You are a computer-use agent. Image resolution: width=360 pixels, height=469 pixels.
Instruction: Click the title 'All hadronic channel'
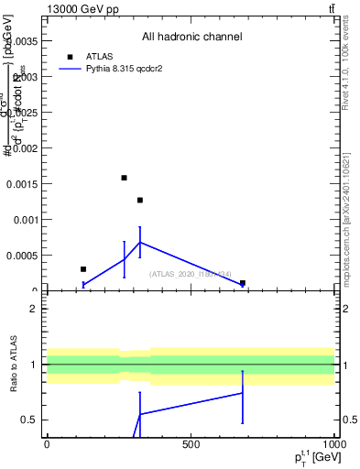tap(191, 38)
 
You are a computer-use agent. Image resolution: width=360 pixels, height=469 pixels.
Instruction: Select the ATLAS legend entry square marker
tap(70, 57)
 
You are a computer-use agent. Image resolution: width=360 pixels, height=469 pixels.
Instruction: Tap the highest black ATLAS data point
tap(124, 178)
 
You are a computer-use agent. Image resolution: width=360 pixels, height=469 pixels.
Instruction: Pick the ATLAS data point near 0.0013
tap(140, 200)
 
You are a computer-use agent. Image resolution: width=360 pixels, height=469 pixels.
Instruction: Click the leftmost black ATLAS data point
tap(83, 269)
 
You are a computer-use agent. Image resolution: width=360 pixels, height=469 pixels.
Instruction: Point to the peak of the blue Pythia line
tap(140, 242)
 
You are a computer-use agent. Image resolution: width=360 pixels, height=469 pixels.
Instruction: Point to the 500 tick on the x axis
tap(191, 444)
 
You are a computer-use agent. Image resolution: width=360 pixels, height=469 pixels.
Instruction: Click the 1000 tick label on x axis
tap(333, 444)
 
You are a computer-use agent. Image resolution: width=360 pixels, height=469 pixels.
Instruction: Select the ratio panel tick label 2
tap(33, 309)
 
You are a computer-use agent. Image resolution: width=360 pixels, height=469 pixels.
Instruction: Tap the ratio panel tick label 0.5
tap(29, 420)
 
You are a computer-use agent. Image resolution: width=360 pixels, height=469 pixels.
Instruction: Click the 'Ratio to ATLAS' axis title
tap(15, 365)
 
